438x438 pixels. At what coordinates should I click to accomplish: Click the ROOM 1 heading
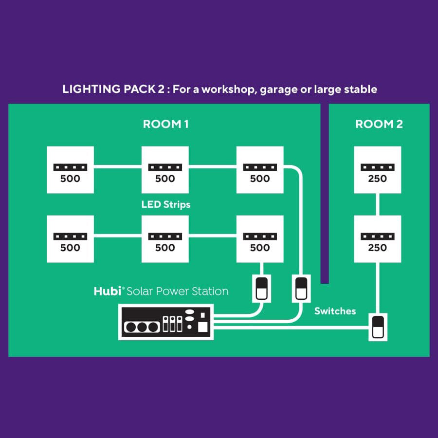[165, 124]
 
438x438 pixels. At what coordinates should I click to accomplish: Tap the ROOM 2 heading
[379, 124]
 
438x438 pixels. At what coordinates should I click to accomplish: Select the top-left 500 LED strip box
[70, 170]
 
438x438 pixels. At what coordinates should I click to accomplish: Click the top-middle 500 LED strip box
[164, 170]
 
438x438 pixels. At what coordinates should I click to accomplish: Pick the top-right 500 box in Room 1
[259, 170]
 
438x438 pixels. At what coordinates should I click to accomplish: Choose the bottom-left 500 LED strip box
[70, 239]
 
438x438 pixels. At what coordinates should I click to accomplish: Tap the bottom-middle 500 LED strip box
[164, 239]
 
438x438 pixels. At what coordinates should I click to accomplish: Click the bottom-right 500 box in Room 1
[259, 239]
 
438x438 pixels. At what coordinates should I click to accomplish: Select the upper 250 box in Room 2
[377, 170]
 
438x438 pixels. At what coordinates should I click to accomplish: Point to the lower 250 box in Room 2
[377, 239]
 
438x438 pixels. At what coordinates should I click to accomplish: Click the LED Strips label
[166, 204]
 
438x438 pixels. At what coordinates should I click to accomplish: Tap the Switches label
[335, 311]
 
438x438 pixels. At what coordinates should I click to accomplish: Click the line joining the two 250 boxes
[377, 204]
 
